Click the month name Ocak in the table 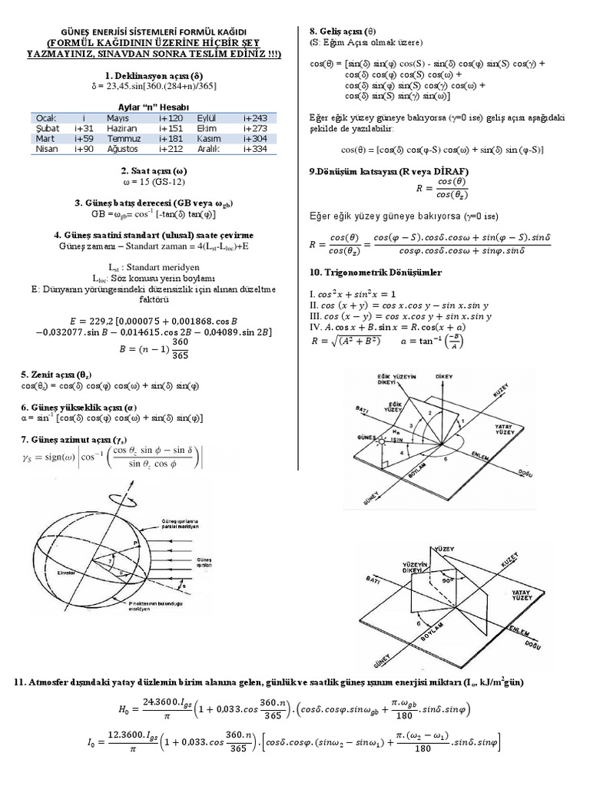(x=46, y=118)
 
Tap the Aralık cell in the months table (x=209, y=149)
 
